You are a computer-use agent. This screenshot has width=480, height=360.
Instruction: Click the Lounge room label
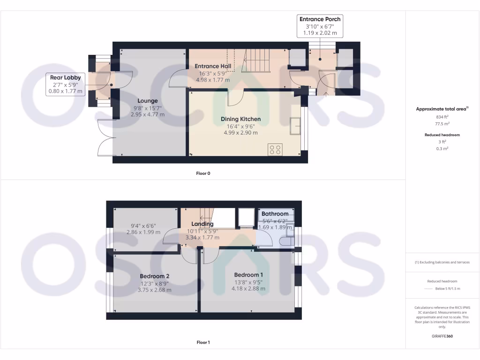(148, 101)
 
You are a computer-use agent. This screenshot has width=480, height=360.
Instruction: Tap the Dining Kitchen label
(240, 119)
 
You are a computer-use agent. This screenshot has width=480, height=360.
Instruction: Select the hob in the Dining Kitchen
(275, 150)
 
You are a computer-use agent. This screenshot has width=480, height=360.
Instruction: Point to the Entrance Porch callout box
(320, 26)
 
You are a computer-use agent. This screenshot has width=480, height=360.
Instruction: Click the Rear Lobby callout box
(66, 84)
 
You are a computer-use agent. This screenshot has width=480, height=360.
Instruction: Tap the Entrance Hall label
(213, 66)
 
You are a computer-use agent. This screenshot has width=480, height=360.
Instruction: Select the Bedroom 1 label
(248, 275)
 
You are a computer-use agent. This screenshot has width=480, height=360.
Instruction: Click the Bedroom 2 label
(154, 276)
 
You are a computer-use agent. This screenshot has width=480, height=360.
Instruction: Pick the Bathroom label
(275, 214)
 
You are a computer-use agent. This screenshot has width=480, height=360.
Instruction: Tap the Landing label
(202, 224)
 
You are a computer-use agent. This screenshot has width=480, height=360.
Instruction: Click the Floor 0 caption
(203, 173)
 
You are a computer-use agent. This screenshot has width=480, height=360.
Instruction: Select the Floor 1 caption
(203, 343)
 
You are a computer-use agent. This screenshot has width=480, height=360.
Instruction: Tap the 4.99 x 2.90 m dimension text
(240, 133)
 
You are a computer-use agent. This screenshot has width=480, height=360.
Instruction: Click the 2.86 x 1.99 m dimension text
(144, 232)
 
